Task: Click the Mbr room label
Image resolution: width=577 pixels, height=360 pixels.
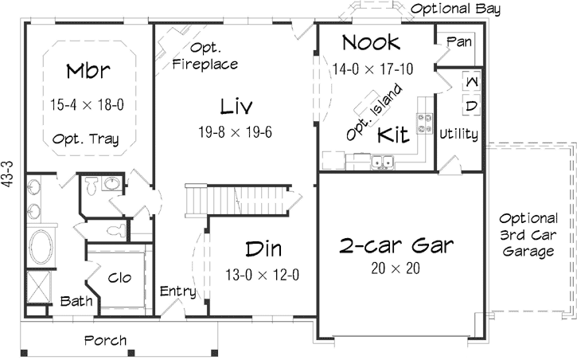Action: (x=88, y=72)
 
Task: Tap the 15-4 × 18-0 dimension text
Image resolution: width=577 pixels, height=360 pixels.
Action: (x=88, y=104)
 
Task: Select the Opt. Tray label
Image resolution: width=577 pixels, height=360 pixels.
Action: (x=86, y=139)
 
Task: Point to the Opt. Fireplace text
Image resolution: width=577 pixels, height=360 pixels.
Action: (x=205, y=56)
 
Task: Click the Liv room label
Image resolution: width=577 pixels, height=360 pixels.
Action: (x=236, y=105)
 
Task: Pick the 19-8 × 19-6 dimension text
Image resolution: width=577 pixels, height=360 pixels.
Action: (x=236, y=131)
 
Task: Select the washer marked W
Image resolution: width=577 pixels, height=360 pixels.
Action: (x=470, y=82)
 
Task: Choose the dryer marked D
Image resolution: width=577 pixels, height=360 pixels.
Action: (x=470, y=105)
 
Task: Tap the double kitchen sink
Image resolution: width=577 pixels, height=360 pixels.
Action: (x=388, y=163)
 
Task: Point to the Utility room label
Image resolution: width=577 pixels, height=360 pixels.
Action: (x=459, y=135)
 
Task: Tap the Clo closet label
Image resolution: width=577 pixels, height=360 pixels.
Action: (x=119, y=278)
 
